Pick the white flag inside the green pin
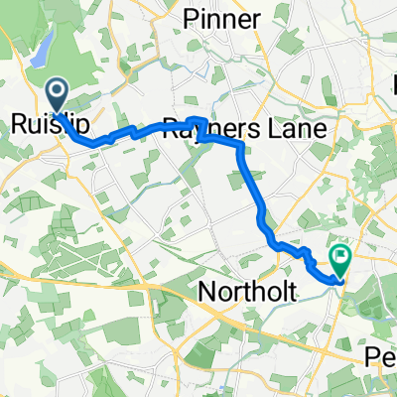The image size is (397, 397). [x=341, y=256]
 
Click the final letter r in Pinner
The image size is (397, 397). [x=256, y=20]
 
